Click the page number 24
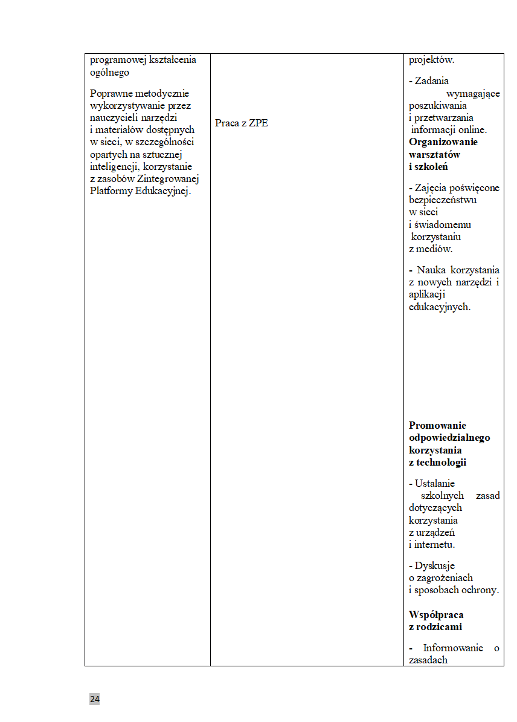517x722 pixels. [x=95, y=699]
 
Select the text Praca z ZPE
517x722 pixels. [x=241, y=123]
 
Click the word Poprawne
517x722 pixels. [x=109, y=93]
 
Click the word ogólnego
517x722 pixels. [x=109, y=73]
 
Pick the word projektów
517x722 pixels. [x=431, y=60]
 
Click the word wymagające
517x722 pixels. [x=473, y=93]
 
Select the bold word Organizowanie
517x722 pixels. [x=443, y=142]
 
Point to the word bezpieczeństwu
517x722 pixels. [x=442, y=200]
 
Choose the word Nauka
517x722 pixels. [x=429, y=270]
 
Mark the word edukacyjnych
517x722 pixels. [x=439, y=307]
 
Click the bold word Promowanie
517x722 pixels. [x=437, y=425]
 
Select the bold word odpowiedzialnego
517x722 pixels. [x=449, y=438]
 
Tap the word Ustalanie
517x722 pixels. [x=434, y=483]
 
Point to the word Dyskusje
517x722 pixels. [x=434, y=566]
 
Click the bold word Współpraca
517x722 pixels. [x=436, y=615]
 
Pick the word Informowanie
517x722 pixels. [x=452, y=648]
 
